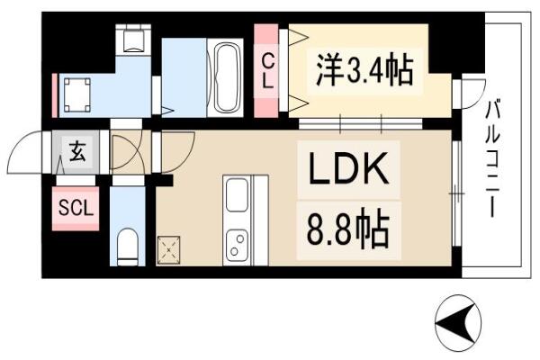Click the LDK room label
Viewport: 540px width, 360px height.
(x=347, y=168)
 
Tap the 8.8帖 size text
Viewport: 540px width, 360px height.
(x=347, y=229)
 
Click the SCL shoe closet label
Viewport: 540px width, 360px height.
(x=76, y=208)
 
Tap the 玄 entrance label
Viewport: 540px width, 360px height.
(x=77, y=153)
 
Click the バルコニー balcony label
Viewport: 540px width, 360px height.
(x=492, y=157)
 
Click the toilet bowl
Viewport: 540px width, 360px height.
(x=128, y=247)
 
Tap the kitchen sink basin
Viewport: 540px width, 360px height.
(x=237, y=194)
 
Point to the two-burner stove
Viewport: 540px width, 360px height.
(x=237, y=244)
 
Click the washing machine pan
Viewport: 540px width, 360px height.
(x=77, y=95)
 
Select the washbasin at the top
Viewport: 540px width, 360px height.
(x=133, y=39)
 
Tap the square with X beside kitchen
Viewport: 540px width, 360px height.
(x=169, y=250)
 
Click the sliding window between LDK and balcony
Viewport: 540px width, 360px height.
(x=456, y=193)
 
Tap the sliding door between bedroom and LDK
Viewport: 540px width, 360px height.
(x=360, y=123)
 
